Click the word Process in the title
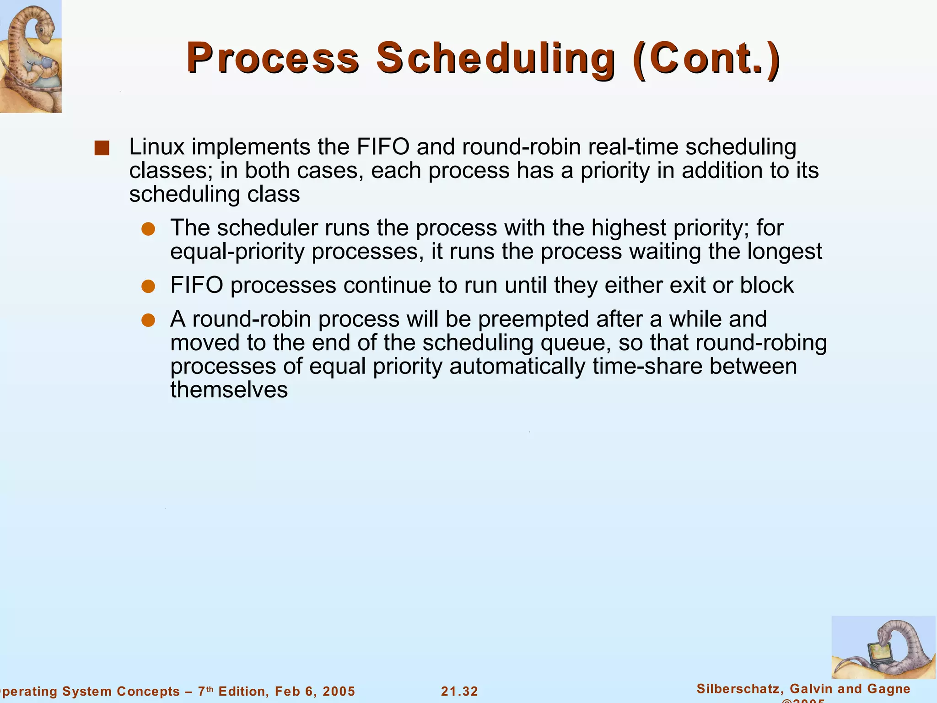tap(273, 58)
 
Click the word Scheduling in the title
tap(495, 58)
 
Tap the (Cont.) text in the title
tap(707, 58)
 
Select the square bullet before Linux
tap(102, 148)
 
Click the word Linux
tap(156, 147)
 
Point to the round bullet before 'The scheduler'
tap(148, 229)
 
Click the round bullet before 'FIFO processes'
tap(148, 287)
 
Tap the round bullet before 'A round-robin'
tap(148, 320)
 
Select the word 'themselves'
tap(229, 390)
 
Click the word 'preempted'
tap(533, 319)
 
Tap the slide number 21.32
tap(459, 691)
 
